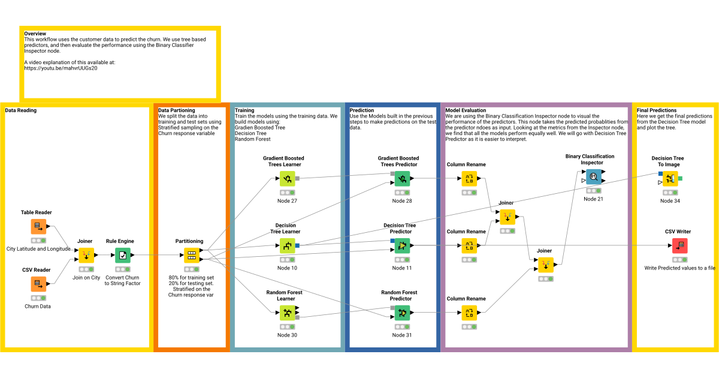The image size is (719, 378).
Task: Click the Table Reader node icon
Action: point(38,226)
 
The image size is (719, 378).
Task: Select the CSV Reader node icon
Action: point(38,284)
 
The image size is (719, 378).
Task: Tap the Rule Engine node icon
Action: point(123,255)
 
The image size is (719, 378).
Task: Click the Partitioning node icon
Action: point(191,255)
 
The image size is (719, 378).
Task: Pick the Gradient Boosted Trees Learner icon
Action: point(287,178)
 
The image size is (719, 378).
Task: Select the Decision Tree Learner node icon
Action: point(287,245)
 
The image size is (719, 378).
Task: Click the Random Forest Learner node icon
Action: point(287,313)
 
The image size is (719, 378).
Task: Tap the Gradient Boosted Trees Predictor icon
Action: point(402,178)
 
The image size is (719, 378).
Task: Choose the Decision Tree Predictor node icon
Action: point(402,245)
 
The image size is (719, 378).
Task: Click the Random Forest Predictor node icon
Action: point(402,313)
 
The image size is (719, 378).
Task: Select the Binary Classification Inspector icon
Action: point(593,176)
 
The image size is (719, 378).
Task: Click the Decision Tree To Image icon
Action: point(670,178)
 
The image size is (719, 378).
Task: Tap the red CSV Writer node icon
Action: point(679,245)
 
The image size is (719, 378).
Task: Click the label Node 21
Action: point(593,199)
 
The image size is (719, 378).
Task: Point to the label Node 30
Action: point(287,335)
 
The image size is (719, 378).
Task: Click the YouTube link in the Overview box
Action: point(61,68)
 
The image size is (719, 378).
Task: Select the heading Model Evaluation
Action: point(466,110)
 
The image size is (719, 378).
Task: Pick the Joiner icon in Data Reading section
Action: point(86,255)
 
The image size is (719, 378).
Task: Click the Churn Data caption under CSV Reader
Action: point(37,306)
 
